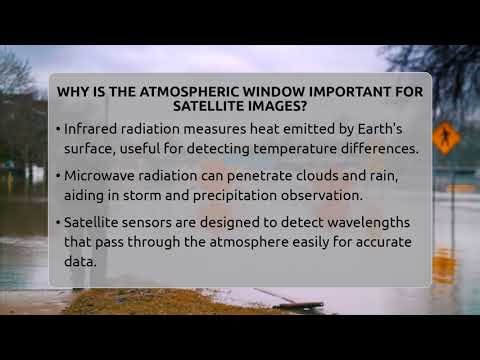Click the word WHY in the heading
point(73,91)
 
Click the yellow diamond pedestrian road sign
point(446,137)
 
